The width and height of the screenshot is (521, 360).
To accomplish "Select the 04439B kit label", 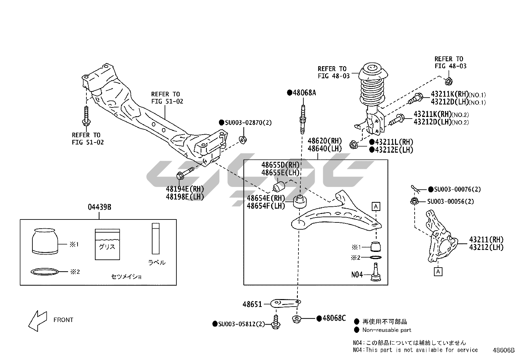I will (99, 207).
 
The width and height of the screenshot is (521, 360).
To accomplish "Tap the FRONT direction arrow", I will (37, 320).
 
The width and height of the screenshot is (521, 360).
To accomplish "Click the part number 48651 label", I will (252, 304).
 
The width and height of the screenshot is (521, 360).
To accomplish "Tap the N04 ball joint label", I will (357, 275).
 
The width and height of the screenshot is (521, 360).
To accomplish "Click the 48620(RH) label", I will (324, 141).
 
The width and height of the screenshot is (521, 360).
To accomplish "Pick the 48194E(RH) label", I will (185, 189).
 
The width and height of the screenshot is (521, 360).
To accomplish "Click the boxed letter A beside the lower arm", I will (376, 206).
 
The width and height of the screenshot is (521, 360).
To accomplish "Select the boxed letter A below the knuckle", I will (438, 271).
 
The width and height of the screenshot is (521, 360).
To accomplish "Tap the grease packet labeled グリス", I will (107, 244).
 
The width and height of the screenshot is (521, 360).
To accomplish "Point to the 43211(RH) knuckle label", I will (486, 239).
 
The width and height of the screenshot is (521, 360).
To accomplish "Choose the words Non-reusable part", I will (386, 330).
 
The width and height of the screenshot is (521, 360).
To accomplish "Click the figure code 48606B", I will (504, 350).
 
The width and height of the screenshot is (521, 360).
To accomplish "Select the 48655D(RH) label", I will (280, 164).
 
